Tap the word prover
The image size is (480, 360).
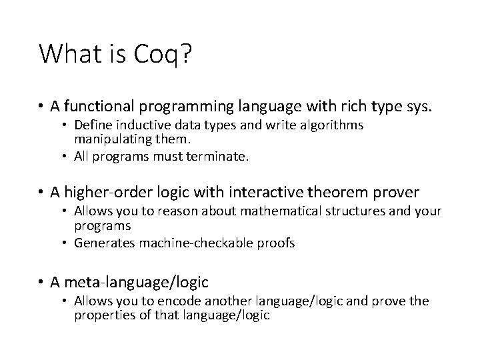point(396,193)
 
